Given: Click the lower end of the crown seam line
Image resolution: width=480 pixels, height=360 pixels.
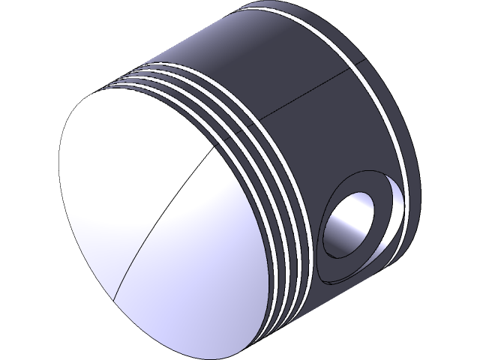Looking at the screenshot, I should click(115, 296).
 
